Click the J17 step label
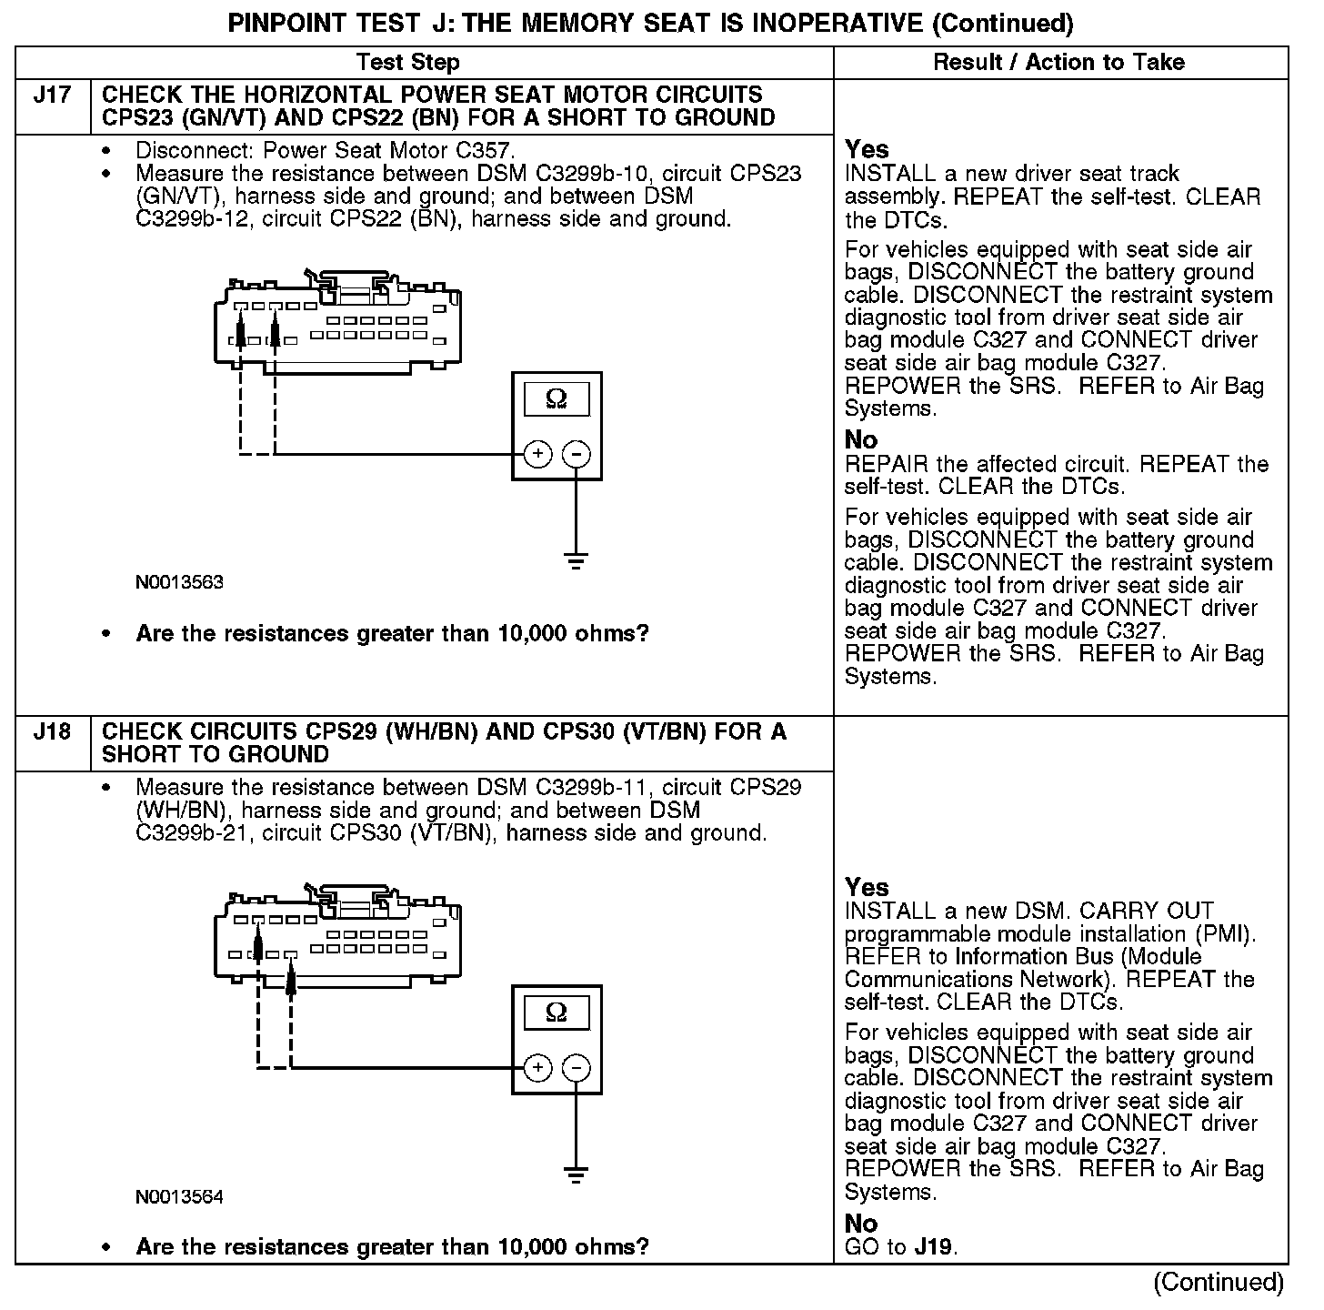click(x=52, y=96)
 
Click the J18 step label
click(x=52, y=732)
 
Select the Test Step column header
click(x=408, y=62)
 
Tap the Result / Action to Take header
click(x=1059, y=62)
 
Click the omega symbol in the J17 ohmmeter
click(x=557, y=399)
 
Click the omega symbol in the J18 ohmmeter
click(x=557, y=1013)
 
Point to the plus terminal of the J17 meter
click(x=538, y=453)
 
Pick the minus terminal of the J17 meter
click(x=577, y=453)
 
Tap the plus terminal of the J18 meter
click(x=538, y=1067)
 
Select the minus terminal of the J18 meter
click(x=577, y=1067)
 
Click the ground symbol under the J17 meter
click(x=577, y=560)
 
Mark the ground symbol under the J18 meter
click(x=577, y=1174)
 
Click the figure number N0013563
click(x=179, y=582)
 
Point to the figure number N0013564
click(x=179, y=1196)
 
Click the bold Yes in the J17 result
click(x=867, y=149)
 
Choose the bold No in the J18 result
click(x=861, y=1224)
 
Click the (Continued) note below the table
click(x=1219, y=1283)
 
